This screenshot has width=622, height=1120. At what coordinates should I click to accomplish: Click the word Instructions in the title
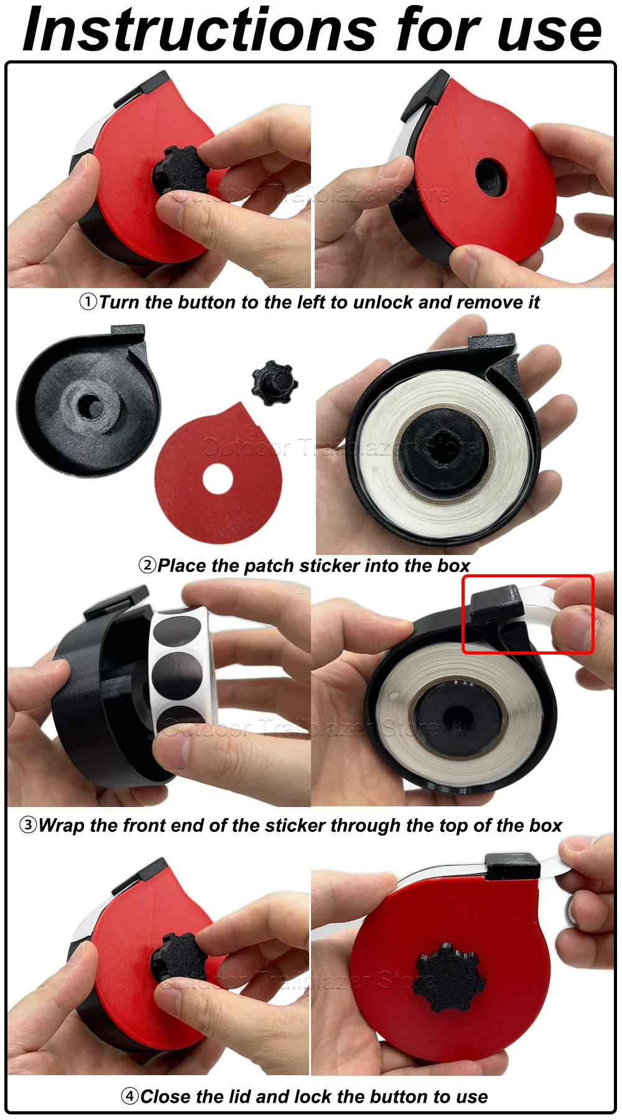point(199,29)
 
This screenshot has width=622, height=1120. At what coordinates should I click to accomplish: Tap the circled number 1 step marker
point(88,302)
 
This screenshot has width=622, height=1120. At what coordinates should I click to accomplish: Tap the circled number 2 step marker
point(147,565)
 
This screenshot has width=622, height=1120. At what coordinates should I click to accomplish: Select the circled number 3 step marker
point(28,825)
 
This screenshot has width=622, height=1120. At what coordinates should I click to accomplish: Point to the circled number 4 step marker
point(129,1096)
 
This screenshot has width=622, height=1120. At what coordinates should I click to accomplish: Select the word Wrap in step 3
point(61,826)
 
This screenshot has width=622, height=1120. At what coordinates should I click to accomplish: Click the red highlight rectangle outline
point(528,576)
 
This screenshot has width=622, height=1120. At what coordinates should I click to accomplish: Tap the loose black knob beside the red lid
point(274,382)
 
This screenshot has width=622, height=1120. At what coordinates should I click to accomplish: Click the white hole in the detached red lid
point(218,480)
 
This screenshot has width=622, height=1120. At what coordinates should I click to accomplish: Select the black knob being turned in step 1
point(180,170)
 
